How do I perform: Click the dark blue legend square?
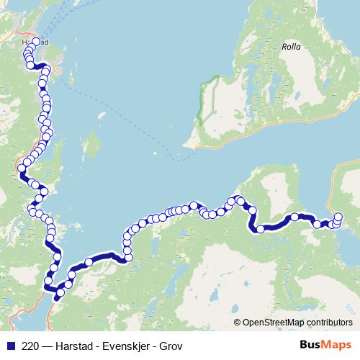(11, 345)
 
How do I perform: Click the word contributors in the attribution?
(329, 322)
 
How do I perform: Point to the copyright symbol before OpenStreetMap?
(238, 322)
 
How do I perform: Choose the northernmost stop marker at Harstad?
(36, 42)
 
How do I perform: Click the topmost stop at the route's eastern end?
(338, 216)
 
